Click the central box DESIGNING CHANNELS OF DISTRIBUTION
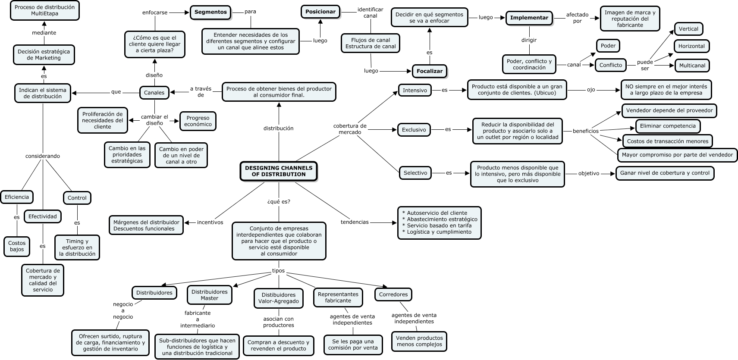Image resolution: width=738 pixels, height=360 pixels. (x=279, y=171)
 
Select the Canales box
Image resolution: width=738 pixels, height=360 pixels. (x=154, y=92)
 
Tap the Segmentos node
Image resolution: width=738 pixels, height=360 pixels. (x=210, y=12)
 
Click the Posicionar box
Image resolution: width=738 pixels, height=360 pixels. (x=320, y=12)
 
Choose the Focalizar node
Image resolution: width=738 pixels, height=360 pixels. (x=429, y=71)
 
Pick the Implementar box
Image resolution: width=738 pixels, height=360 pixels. (x=529, y=18)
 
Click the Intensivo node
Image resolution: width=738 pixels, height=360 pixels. (x=415, y=90)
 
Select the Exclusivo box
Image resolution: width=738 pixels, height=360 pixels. (x=414, y=129)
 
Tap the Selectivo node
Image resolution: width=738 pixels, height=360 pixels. (x=415, y=173)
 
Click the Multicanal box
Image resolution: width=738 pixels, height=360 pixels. (x=692, y=66)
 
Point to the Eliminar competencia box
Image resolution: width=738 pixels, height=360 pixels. (x=667, y=126)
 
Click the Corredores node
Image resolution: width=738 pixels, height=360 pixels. (x=393, y=294)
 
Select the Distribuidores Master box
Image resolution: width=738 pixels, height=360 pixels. (x=209, y=295)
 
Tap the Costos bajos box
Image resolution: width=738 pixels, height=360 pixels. (x=17, y=246)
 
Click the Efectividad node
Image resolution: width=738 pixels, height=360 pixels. (x=43, y=216)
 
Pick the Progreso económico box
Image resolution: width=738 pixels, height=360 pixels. (x=198, y=121)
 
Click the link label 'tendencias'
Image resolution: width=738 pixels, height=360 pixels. (x=355, y=222)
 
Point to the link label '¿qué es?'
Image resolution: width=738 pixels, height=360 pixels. (x=279, y=201)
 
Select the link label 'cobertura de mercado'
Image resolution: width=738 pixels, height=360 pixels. (x=350, y=129)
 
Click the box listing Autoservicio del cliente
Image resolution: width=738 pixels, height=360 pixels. (x=439, y=222)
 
